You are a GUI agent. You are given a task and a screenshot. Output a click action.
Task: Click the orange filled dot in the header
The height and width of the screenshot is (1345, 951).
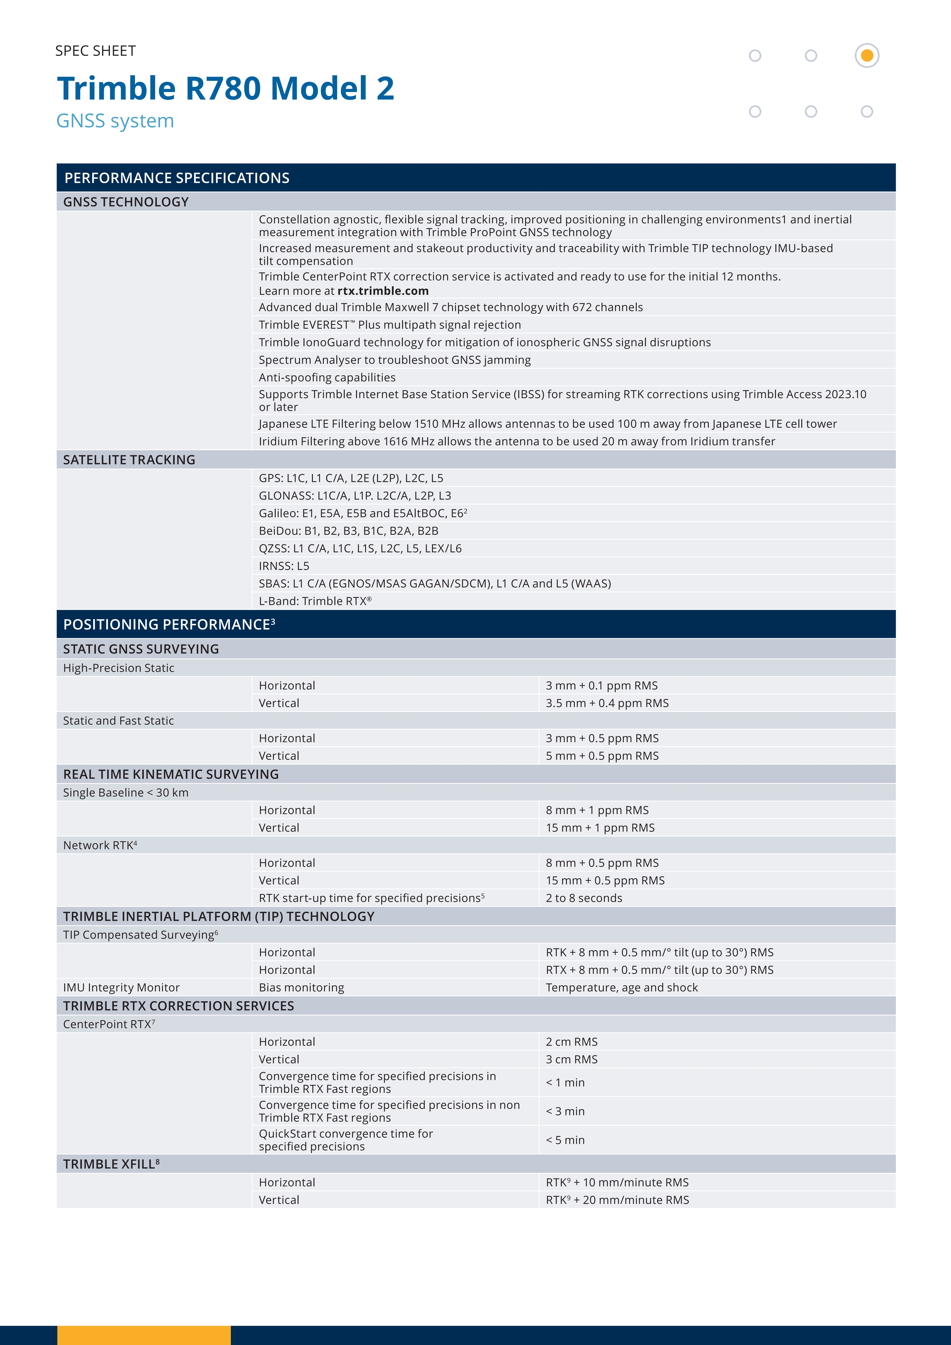[867, 56]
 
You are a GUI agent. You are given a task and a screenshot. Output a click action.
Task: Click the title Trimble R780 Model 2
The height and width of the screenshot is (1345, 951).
[226, 88]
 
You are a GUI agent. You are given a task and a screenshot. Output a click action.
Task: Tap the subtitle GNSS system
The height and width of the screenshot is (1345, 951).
[115, 121]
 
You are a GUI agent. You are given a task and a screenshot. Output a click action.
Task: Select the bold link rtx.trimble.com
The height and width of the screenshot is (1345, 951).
[383, 291]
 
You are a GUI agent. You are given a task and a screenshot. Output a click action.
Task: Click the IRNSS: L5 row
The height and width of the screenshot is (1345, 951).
[284, 566]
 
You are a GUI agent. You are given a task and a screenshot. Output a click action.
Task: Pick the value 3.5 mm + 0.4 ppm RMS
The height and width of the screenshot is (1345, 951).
[607, 703]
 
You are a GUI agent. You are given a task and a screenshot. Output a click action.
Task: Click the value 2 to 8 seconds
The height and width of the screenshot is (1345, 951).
[584, 898]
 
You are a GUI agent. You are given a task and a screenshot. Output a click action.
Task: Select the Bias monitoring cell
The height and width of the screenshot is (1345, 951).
[301, 988]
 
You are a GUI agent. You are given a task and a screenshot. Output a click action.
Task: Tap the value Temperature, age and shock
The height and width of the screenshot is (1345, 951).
[622, 988]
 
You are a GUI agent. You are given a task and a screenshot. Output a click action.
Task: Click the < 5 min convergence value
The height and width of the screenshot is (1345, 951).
[565, 1140]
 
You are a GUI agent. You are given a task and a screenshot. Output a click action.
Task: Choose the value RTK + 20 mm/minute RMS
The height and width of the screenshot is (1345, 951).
[617, 1200]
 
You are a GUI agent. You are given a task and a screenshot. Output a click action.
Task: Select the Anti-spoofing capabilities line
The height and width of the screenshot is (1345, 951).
[327, 377]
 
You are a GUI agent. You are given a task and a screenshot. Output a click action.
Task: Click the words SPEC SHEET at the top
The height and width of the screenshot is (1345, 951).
[95, 51]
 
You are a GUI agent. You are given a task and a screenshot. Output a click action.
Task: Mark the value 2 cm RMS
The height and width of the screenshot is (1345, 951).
[571, 1041]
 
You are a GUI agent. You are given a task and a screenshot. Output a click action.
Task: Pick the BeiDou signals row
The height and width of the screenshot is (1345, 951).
[349, 531]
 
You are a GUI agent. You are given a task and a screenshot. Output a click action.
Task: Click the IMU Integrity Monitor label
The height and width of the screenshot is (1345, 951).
[121, 988]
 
